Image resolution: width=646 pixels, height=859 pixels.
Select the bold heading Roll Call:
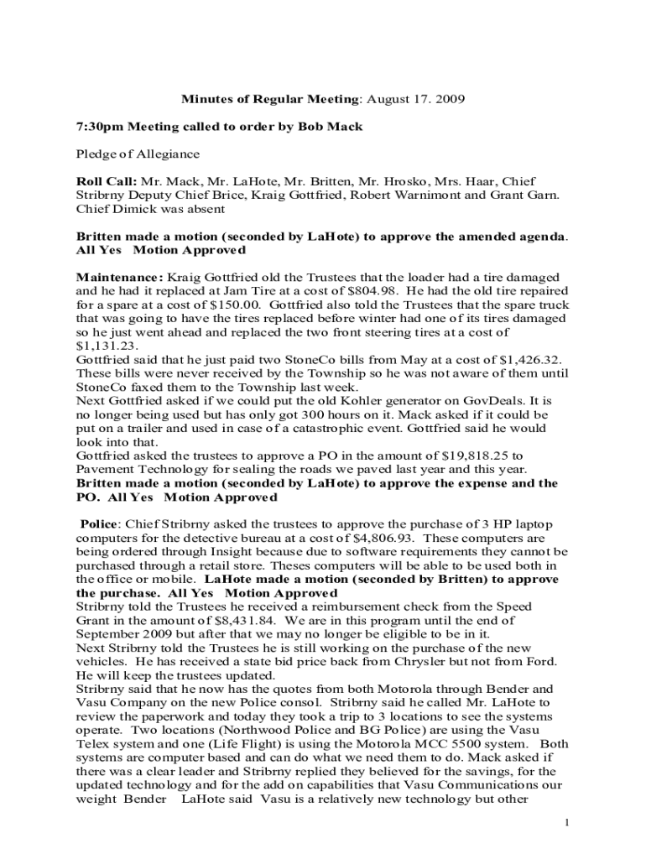(x=107, y=181)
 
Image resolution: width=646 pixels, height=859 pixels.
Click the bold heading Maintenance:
(x=121, y=277)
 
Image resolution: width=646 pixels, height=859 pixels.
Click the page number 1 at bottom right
(x=567, y=822)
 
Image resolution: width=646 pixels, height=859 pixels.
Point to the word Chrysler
(x=420, y=661)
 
